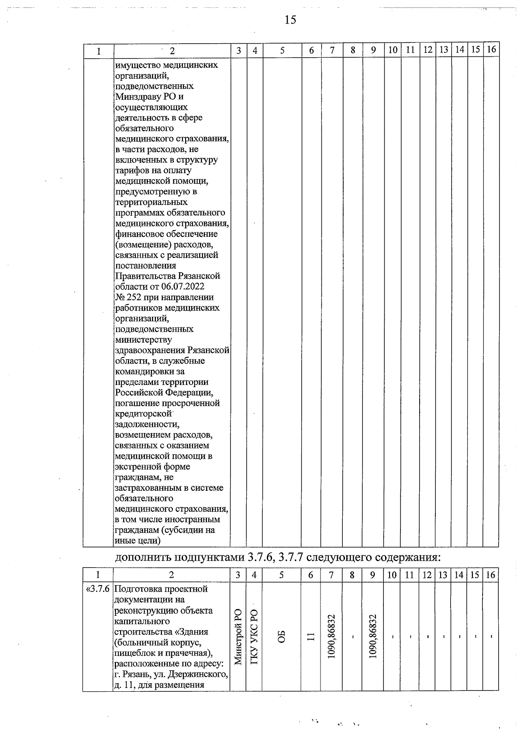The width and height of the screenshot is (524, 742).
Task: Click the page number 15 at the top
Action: point(290,20)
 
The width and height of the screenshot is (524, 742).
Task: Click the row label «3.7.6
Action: point(98,589)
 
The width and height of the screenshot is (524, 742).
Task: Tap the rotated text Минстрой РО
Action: point(238,637)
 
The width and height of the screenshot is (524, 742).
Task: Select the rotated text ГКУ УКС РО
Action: point(254,637)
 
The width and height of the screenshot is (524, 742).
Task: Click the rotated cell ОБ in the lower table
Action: point(282,637)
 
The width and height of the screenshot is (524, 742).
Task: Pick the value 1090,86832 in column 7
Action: point(332,637)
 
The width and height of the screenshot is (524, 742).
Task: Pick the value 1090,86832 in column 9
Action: point(373,637)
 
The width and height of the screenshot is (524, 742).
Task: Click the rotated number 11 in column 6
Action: point(311,637)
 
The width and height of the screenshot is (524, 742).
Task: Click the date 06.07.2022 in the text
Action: point(183,287)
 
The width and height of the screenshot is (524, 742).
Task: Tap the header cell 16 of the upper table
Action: point(491,50)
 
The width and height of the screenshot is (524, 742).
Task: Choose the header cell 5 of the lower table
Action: point(282,575)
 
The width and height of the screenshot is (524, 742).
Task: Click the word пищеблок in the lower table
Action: point(131,653)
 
